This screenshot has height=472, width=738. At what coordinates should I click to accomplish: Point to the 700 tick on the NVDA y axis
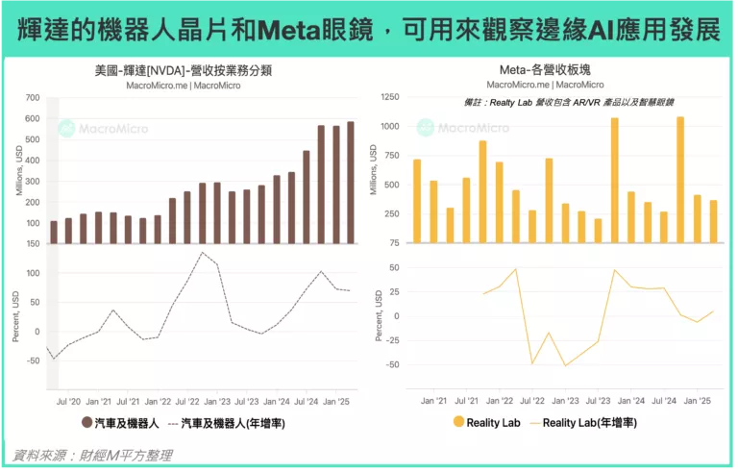[x=32, y=97]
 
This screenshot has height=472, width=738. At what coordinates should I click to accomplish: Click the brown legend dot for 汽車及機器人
[x=86, y=422]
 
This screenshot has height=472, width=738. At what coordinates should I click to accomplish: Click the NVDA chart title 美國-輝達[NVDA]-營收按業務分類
[x=183, y=70]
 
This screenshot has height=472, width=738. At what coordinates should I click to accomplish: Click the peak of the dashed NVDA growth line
[x=203, y=253]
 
